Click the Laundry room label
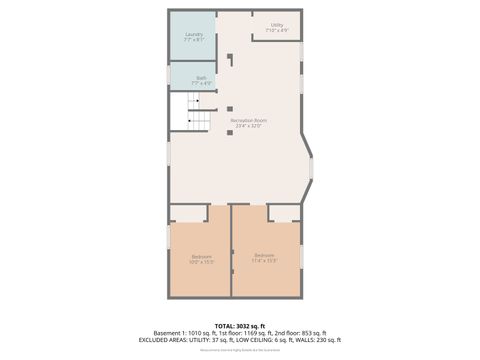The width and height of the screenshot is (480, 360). tap(194, 34)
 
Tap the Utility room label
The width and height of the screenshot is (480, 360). tap(277, 25)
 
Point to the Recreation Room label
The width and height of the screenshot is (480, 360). tap(248, 120)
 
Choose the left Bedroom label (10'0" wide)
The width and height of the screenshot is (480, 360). tap(201, 256)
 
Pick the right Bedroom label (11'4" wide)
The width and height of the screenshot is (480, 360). tap(264, 255)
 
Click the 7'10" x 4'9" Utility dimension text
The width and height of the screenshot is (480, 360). tap(277, 31)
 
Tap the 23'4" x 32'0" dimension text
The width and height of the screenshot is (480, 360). tap(248, 126)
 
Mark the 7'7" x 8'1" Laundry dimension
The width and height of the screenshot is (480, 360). tap(194, 40)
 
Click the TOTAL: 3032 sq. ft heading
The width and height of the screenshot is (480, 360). tap(239, 326)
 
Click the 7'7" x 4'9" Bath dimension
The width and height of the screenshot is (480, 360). tap(201, 83)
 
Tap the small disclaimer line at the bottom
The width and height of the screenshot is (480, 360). tap(239, 350)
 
